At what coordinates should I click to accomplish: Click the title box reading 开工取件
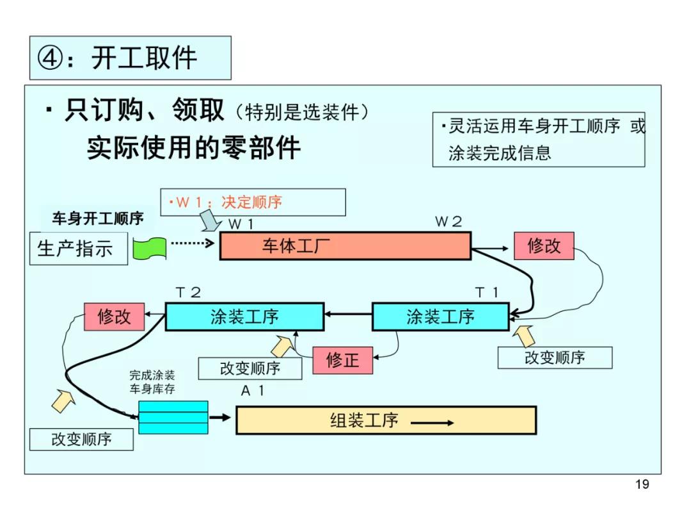[130, 58]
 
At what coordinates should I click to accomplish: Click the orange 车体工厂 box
[345, 246]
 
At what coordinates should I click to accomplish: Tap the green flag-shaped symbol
[149, 248]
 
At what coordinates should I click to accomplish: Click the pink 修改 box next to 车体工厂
[543, 245]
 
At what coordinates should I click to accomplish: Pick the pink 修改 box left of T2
[114, 316]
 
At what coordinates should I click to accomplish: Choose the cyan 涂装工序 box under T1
[440, 316]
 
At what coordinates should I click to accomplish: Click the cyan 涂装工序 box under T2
[244, 316]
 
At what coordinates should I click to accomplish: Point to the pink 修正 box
[342, 360]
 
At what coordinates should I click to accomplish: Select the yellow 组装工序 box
[386, 420]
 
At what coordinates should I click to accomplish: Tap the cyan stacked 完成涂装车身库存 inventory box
[173, 417]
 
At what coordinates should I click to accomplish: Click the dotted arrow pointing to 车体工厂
[193, 243]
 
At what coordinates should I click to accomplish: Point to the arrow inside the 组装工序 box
[432, 423]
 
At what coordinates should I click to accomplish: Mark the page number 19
[642, 484]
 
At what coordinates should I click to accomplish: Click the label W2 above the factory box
[449, 222]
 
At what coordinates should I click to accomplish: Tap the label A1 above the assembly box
[252, 391]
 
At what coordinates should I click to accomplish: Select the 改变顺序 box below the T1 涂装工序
[555, 358]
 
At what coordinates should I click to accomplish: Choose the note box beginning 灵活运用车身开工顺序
[538, 140]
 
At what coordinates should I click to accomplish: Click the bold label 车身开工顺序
[98, 218]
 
